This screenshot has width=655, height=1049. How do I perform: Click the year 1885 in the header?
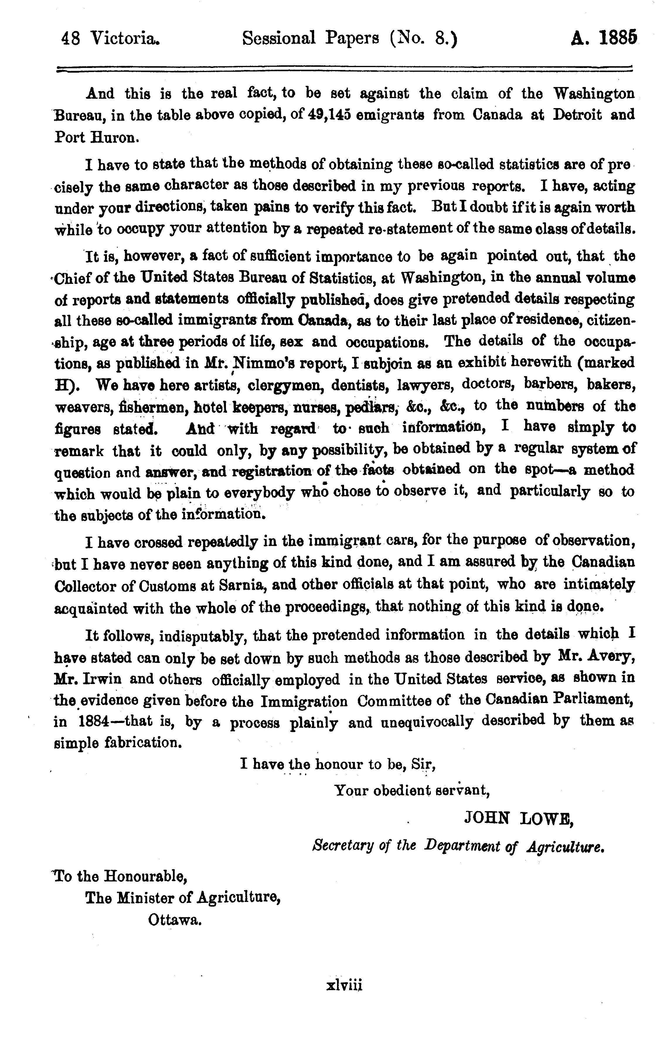tap(618, 39)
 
